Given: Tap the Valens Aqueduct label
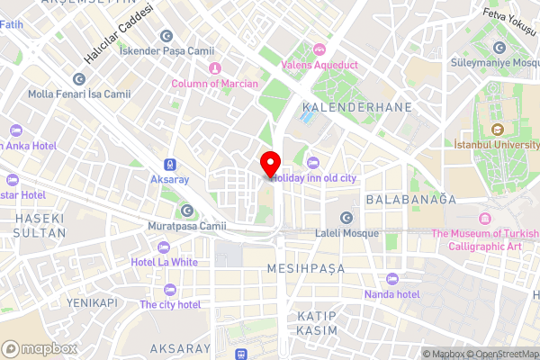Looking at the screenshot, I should coord(319,64).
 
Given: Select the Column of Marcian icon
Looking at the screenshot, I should coord(214,69).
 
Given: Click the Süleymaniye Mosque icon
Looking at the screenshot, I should coord(499,47).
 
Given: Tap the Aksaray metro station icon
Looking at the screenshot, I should coord(169,165).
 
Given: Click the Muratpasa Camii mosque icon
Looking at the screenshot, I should coord(187,211).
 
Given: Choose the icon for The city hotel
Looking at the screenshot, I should coord(170,289).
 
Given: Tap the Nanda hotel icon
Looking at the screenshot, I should coord(391,279).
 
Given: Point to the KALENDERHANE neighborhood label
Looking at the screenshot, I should coord(356,106).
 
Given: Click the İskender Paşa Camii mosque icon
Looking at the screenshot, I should coord(166,35).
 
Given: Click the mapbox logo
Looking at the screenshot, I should coord(38,347).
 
